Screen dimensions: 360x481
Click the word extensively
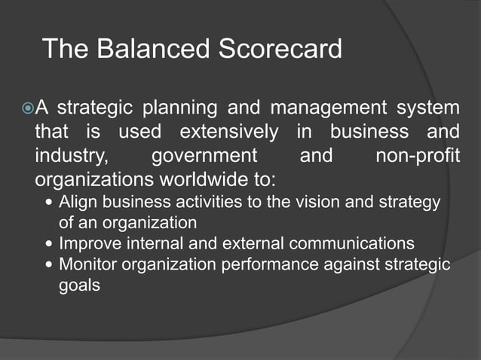point(228,133)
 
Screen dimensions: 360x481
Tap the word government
point(204,157)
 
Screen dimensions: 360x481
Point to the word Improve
point(90,244)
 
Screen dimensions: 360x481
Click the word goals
point(79,286)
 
